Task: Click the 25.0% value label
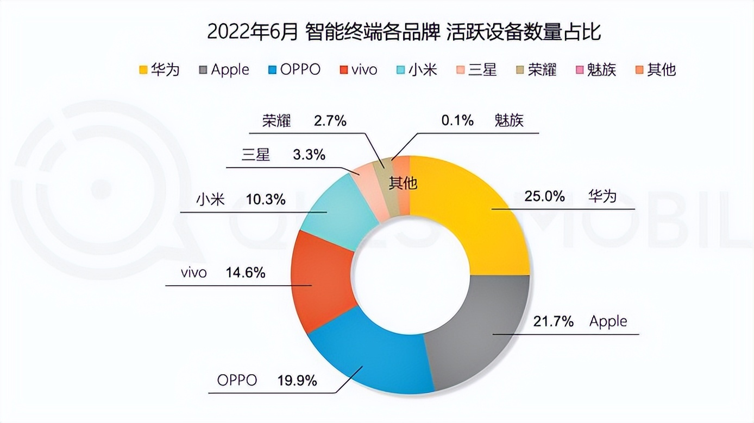[544, 196]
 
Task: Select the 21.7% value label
[554, 322]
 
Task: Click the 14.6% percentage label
[246, 272]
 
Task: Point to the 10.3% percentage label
[266, 200]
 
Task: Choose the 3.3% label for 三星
[309, 155]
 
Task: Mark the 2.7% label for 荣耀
[330, 121]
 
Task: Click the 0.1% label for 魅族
[457, 121]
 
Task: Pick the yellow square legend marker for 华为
[143, 70]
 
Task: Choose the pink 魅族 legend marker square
[579, 70]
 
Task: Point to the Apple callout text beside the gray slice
[608, 322]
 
